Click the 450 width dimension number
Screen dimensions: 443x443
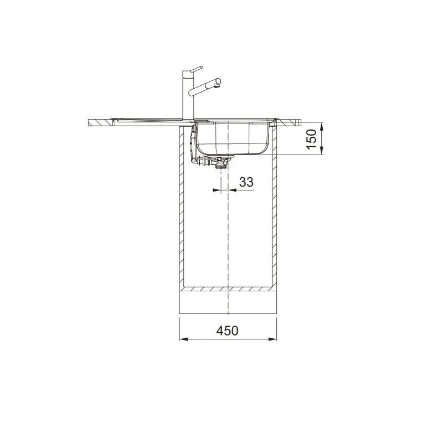click(x=227, y=331)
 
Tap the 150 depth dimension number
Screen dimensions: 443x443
click(x=311, y=140)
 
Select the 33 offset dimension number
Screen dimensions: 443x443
click(x=246, y=182)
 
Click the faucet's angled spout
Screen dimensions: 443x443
click(x=205, y=87)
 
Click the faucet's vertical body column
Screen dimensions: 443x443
click(x=188, y=95)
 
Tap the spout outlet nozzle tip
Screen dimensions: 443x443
click(x=218, y=82)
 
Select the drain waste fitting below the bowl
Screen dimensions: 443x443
click(x=218, y=162)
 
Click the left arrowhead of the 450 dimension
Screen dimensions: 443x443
click(x=184, y=339)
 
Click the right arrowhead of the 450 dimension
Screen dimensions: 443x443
click(x=272, y=339)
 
